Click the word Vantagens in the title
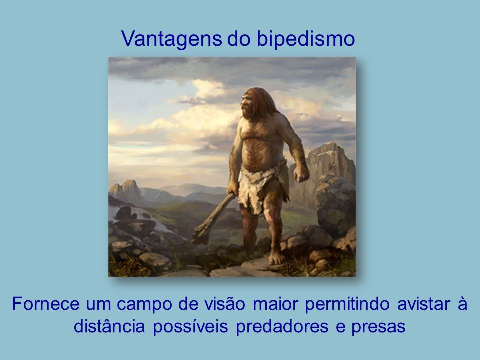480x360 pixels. pos(171,39)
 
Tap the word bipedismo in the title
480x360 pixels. pos(306,39)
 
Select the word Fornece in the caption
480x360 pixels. pos(46,304)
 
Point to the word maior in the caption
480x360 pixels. pos(276,304)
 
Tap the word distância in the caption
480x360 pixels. pos(109,326)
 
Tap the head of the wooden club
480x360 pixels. pos(201,234)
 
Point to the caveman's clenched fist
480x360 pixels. pos(301,174)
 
